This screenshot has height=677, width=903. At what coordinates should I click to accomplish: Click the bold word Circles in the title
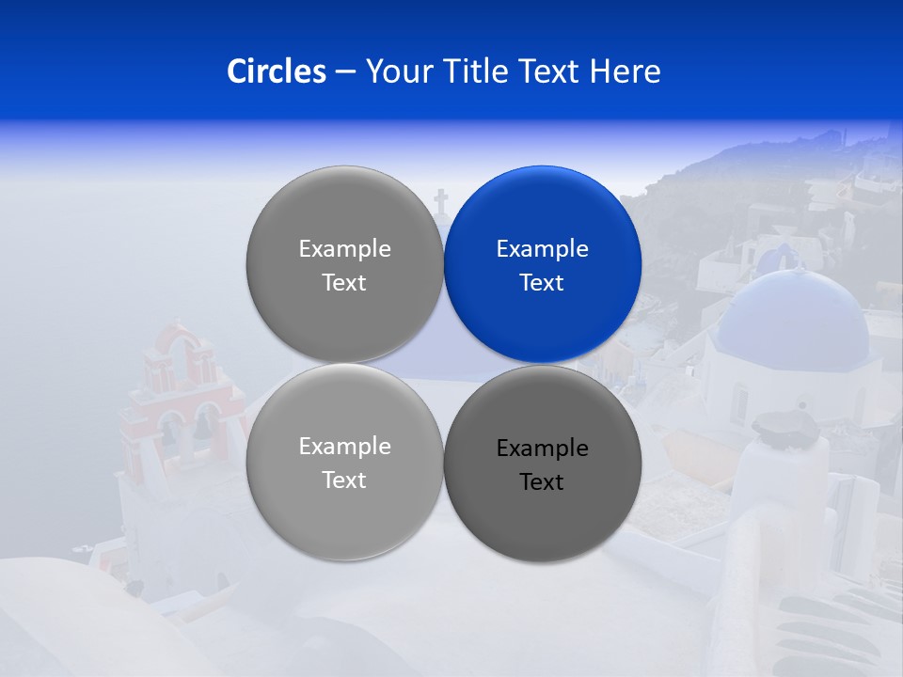(x=277, y=71)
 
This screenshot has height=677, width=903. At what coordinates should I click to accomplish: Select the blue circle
(x=543, y=264)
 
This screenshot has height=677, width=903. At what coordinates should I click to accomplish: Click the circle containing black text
(x=543, y=464)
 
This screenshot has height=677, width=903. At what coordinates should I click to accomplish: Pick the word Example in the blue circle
(x=543, y=248)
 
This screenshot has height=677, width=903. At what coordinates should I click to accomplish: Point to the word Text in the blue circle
(x=543, y=282)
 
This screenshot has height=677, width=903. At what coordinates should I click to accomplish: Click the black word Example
(x=543, y=448)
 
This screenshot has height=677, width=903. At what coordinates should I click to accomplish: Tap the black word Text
(x=543, y=481)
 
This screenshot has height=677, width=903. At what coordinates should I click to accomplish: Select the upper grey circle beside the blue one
(x=345, y=264)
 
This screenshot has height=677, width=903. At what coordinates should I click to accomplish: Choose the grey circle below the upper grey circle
(x=345, y=462)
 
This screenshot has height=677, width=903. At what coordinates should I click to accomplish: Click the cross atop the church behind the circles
(x=440, y=200)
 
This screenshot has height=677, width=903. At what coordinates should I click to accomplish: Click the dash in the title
(x=345, y=71)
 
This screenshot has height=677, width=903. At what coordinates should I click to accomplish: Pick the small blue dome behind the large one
(x=781, y=257)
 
